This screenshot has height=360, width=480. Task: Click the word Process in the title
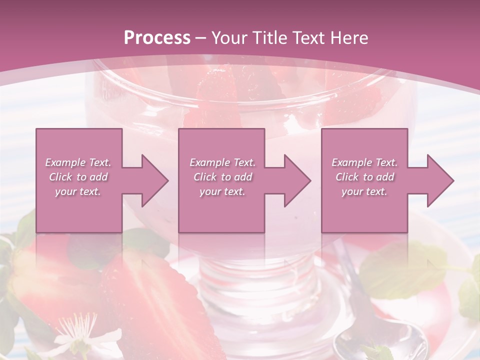click(x=157, y=38)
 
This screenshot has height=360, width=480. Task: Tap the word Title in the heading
click(x=269, y=38)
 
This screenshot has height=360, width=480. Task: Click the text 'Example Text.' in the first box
click(x=78, y=162)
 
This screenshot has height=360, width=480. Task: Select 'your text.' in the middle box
click(x=222, y=191)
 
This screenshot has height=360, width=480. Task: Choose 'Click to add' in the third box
click(x=364, y=177)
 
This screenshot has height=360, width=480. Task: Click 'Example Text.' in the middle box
click(x=222, y=162)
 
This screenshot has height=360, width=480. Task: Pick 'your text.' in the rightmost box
click(x=364, y=191)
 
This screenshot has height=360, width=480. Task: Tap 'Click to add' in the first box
click(x=78, y=177)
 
